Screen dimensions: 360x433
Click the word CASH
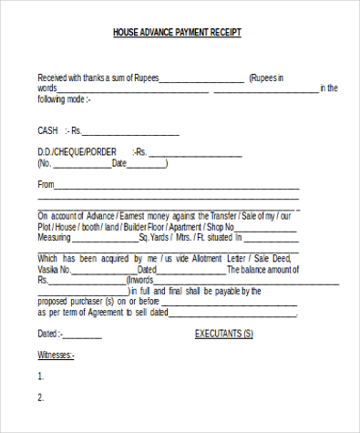click(x=48, y=130)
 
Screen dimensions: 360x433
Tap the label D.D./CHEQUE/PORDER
click(x=77, y=151)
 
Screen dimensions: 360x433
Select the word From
click(x=46, y=185)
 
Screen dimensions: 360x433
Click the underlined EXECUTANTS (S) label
click(x=224, y=334)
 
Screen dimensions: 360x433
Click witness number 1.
click(x=40, y=376)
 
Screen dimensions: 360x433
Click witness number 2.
click(x=40, y=397)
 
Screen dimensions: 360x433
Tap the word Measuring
click(x=54, y=237)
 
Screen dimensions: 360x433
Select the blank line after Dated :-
click(x=82, y=336)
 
